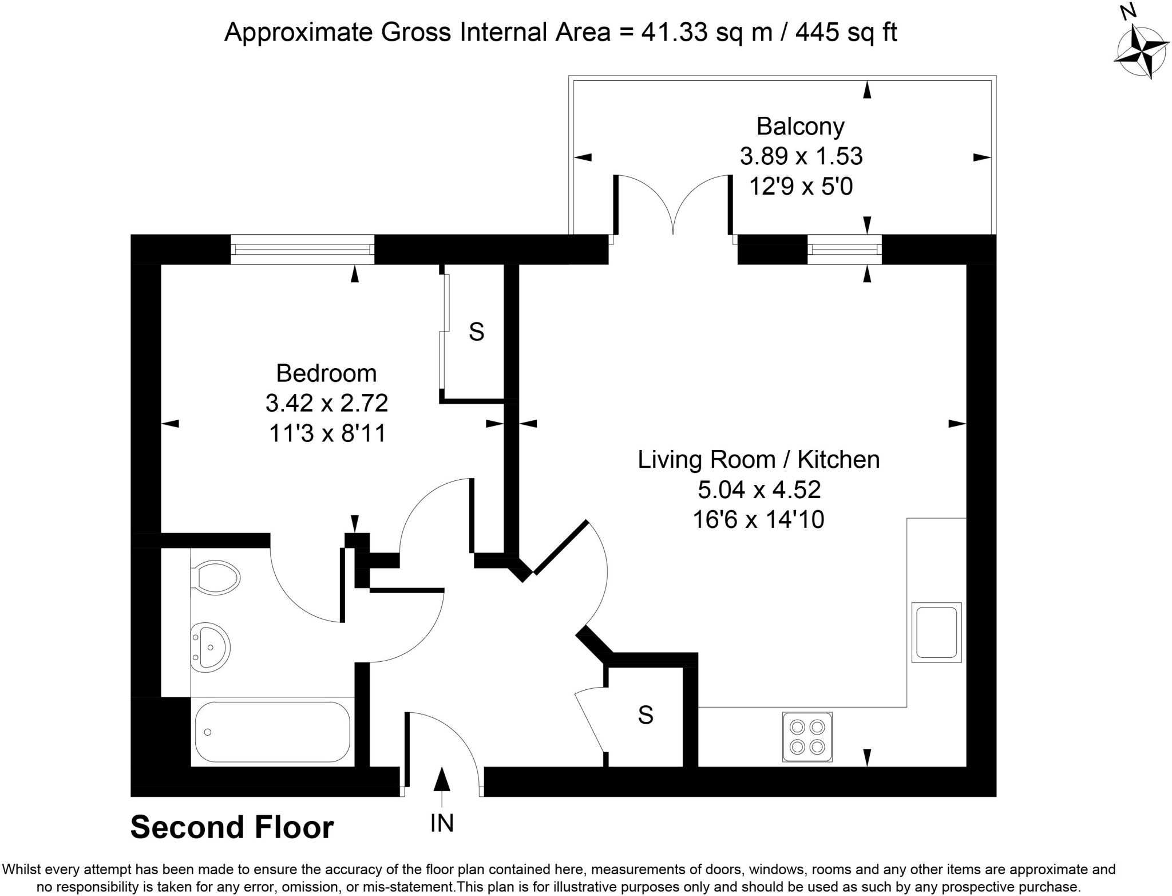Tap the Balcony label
[800, 127]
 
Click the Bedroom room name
[326, 373]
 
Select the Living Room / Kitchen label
[758, 460]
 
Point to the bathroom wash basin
[211, 647]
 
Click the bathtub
[272, 732]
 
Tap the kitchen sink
[936, 632]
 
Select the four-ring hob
[807, 737]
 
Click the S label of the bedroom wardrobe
[476, 332]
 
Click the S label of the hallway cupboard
[646, 715]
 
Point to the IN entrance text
[442, 823]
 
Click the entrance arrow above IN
[441, 780]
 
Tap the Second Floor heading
[232, 827]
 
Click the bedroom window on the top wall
[302, 250]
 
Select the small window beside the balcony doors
[844, 250]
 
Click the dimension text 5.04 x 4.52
[759, 490]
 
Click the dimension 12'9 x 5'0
[801, 187]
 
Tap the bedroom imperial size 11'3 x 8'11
[327, 433]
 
